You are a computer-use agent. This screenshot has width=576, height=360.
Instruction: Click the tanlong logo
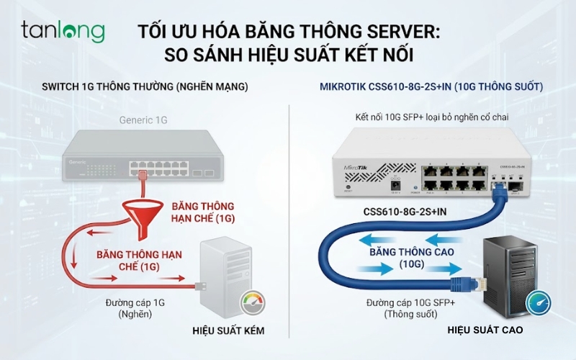click(63, 31)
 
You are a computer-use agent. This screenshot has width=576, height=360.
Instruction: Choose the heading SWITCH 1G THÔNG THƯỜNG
click(145, 86)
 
